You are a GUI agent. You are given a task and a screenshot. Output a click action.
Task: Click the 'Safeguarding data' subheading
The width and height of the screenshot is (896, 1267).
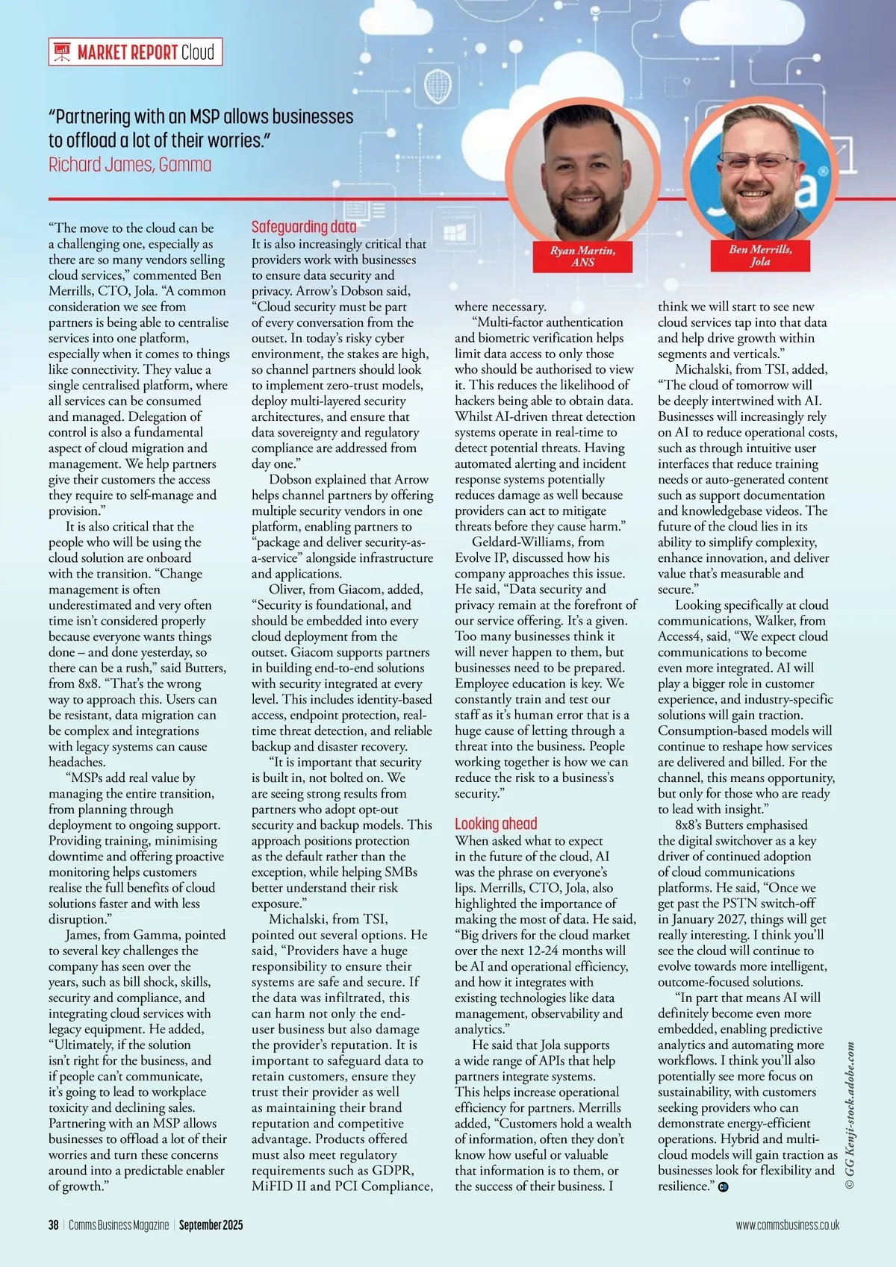click(303, 227)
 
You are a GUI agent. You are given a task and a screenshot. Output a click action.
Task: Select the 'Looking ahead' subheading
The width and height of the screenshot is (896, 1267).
click(496, 824)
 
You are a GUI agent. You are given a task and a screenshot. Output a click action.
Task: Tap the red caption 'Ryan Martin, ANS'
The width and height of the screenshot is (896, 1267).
click(582, 256)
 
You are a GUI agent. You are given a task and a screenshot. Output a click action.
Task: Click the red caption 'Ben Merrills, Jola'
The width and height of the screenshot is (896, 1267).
click(760, 255)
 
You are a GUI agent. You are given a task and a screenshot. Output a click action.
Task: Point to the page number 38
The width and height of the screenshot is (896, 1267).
click(54, 1225)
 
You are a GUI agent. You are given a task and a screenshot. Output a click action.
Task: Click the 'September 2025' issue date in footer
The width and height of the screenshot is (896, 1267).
click(211, 1225)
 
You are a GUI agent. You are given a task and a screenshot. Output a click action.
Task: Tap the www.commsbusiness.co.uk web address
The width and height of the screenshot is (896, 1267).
click(787, 1225)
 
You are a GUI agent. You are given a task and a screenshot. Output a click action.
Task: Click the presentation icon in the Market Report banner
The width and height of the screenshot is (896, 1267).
click(63, 52)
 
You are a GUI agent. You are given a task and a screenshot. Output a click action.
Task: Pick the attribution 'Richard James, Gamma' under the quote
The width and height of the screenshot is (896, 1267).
click(130, 165)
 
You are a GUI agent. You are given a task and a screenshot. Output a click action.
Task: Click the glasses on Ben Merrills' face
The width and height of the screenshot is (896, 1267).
click(755, 162)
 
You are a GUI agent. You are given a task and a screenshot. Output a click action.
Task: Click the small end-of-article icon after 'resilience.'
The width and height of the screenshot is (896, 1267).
click(723, 1187)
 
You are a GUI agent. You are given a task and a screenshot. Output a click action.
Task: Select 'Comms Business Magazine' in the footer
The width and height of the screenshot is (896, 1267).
click(119, 1225)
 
